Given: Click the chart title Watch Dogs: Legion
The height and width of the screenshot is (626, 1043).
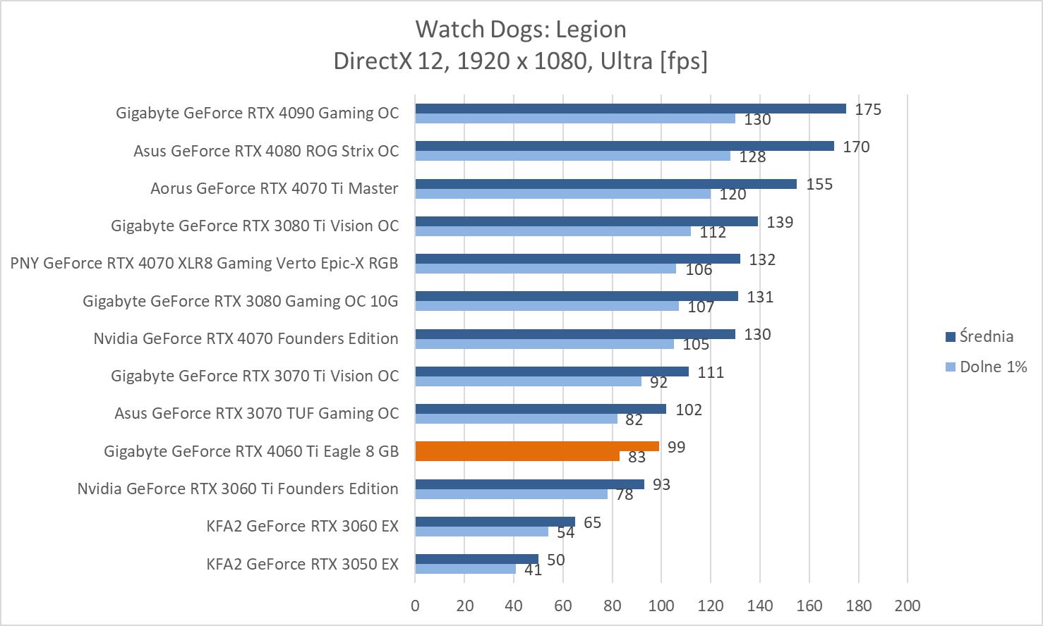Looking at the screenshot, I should [521, 30].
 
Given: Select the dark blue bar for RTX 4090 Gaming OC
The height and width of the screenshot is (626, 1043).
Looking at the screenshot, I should [630, 109].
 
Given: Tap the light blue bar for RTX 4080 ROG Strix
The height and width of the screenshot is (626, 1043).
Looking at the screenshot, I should [572, 156].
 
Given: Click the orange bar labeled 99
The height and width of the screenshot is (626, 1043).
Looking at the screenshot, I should [537, 446].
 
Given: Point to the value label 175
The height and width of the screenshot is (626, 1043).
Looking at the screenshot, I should [868, 109].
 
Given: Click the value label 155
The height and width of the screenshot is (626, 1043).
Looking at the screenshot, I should [819, 185].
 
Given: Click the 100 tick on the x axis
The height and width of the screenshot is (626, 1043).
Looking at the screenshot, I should [661, 606].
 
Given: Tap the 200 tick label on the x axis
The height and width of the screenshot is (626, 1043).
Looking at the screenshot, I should [907, 606].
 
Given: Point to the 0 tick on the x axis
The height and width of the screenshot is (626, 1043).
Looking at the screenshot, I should [415, 606].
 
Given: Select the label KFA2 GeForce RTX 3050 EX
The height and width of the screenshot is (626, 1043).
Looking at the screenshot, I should [302, 564].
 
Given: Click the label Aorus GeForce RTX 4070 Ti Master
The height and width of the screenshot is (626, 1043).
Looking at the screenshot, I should [274, 188].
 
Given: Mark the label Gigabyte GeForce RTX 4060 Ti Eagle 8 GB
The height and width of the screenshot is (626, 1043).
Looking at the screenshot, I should [251, 451].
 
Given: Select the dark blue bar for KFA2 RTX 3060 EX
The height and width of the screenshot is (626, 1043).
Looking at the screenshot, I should [495, 522].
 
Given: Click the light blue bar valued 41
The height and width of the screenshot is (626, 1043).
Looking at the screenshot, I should [465, 569].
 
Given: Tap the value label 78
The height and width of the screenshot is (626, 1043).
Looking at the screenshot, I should [625, 495].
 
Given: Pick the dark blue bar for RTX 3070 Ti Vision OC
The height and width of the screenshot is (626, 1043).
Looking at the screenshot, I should [551, 372].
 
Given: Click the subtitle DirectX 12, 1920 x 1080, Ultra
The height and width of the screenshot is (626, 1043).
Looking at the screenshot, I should [521, 61].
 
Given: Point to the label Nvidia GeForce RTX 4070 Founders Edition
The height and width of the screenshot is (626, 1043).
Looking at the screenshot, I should [246, 338].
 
